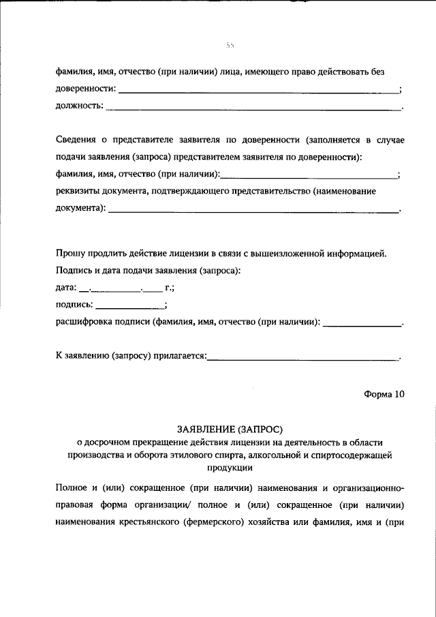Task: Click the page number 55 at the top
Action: coord(230,46)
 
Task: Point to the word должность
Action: coord(78,106)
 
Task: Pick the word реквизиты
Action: coord(78,192)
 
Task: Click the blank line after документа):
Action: coord(253,211)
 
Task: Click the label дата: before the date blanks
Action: coord(66,288)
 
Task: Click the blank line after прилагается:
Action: coord(303,357)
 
